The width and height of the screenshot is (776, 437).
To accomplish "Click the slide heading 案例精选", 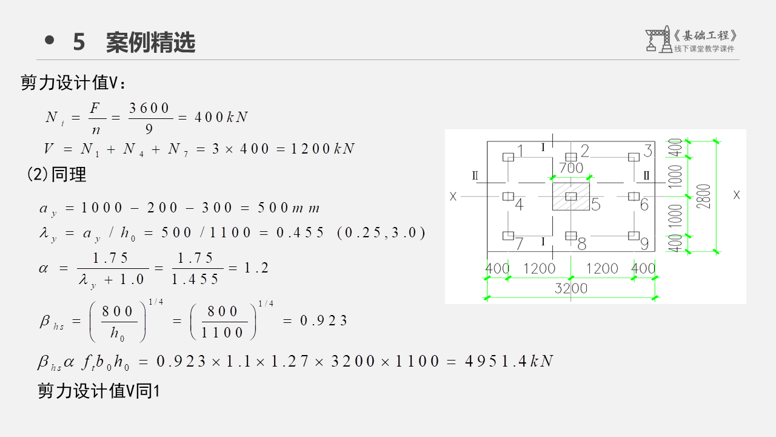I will pyautogui.click(x=150, y=42).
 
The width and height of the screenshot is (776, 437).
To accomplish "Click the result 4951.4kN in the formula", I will pyautogui.click(x=509, y=361).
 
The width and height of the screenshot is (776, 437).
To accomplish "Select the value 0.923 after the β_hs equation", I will pyautogui.click(x=324, y=320).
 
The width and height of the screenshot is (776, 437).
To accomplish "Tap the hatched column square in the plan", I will pyautogui.click(x=570, y=195).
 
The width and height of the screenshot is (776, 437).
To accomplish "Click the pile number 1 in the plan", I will pyautogui.click(x=520, y=150).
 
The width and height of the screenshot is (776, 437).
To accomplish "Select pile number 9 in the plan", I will pyautogui.click(x=644, y=243).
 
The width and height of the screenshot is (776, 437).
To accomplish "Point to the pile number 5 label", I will pyautogui.click(x=595, y=205).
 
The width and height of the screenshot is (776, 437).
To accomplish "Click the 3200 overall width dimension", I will pyautogui.click(x=571, y=288).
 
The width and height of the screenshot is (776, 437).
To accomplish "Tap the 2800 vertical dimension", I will pyautogui.click(x=704, y=196).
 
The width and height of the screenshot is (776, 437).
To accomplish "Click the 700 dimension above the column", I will pyautogui.click(x=570, y=168).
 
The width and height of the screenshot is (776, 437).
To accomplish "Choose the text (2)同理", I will pyautogui.click(x=57, y=175).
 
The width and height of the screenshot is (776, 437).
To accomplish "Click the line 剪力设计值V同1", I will pyautogui.click(x=98, y=391).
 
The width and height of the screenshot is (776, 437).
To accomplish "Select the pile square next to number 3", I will pyautogui.click(x=634, y=157).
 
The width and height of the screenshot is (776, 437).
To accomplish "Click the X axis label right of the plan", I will pyautogui.click(x=737, y=195).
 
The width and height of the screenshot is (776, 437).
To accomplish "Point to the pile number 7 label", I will pyautogui.click(x=520, y=244).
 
